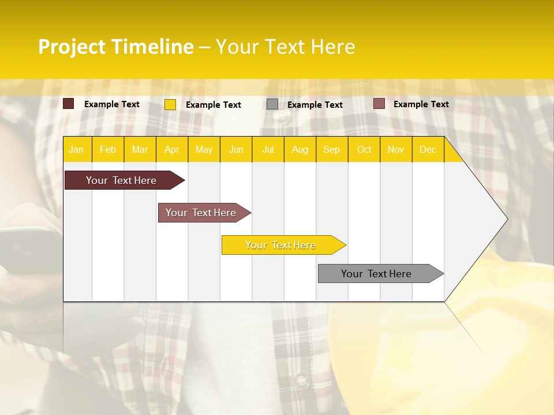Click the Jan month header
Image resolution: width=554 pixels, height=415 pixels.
click(x=76, y=150)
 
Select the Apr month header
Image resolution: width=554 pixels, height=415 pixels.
click(x=171, y=150)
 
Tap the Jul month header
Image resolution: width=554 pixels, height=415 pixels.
click(x=268, y=150)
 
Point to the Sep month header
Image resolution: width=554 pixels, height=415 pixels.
click(x=331, y=150)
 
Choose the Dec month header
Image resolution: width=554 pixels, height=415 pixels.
click(x=428, y=150)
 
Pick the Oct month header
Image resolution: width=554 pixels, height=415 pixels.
click(x=364, y=150)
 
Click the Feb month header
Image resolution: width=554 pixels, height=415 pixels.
click(x=108, y=150)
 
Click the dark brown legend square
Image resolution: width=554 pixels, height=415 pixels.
click(x=68, y=104)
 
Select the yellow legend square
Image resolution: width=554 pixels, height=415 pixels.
click(x=170, y=104)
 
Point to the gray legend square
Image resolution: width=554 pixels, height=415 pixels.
click(x=272, y=104)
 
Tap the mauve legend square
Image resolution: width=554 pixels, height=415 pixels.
click(x=379, y=104)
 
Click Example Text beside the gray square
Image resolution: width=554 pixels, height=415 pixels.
click(x=315, y=105)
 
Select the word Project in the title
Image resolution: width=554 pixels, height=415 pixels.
click(x=72, y=47)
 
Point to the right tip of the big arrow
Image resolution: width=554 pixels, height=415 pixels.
click(x=506, y=219)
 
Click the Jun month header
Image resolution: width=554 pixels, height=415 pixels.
click(x=236, y=150)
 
